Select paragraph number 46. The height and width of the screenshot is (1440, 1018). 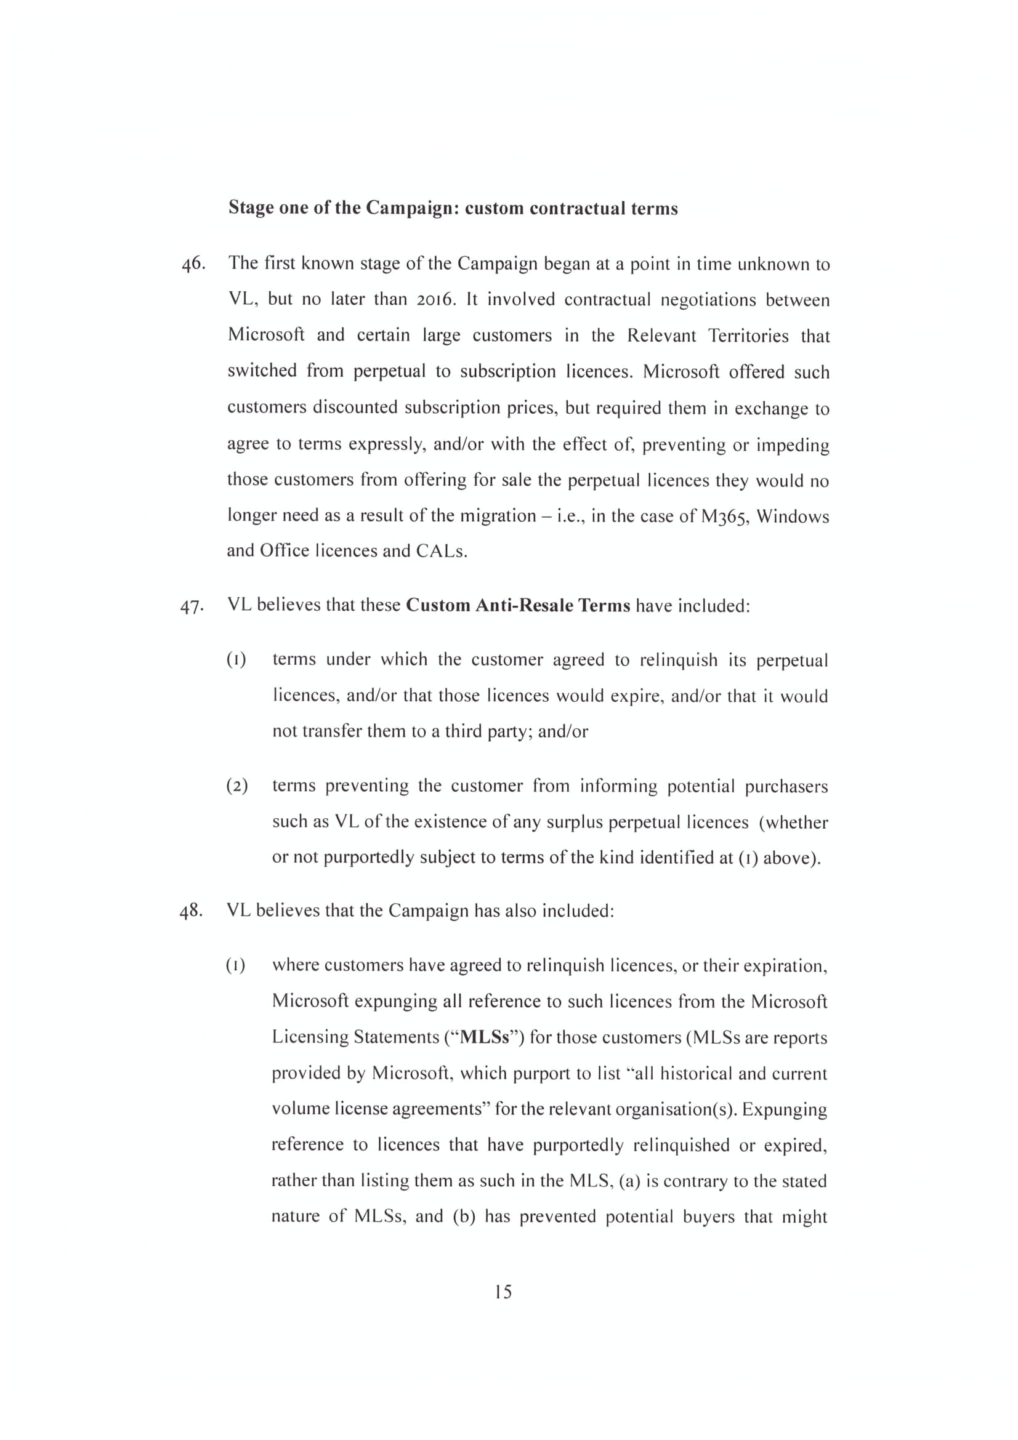pos(193,264)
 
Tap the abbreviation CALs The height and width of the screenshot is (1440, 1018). pos(442,551)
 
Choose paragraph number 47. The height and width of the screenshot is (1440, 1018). pos(192,606)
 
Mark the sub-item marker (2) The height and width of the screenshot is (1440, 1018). pos(237,786)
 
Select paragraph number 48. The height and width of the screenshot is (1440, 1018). pos(192,911)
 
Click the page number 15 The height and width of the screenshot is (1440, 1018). pos(503,1292)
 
